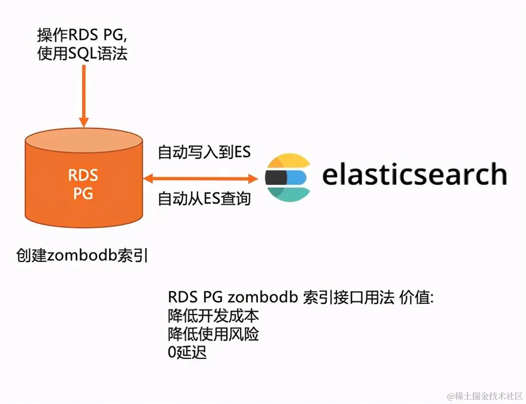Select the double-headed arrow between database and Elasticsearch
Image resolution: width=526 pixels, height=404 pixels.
[200, 178]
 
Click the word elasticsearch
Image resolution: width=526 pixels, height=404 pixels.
[414, 174]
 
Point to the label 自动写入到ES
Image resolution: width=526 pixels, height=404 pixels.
[204, 152]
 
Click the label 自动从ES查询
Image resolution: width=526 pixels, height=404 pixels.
[204, 198]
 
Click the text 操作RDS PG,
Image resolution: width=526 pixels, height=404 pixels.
[82, 35]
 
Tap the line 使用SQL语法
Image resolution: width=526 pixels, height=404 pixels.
[82, 54]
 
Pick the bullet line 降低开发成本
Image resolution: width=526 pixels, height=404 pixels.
[213, 316]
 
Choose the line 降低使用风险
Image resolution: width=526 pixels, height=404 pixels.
[213, 334]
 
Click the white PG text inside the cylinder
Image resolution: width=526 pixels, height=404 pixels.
[83, 194]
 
